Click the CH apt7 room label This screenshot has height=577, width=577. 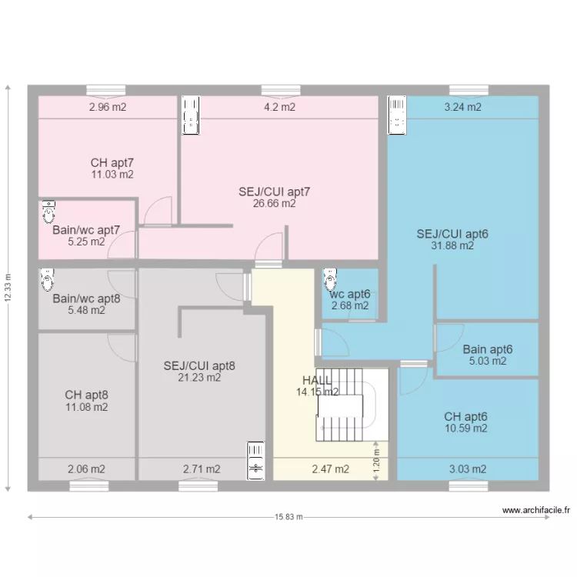tap(112, 162)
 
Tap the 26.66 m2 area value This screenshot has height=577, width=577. tap(274, 204)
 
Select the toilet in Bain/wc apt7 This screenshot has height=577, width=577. tap(48, 212)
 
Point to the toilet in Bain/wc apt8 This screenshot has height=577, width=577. tap(47, 280)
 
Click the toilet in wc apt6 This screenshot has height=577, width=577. tap(330, 280)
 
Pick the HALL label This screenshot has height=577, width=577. tap(317, 380)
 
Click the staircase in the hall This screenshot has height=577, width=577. tap(352, 405)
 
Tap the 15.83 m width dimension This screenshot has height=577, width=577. tap(288, 517)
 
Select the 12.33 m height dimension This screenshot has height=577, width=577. tap(8, 288)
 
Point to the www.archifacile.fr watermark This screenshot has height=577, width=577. tap(536, 510)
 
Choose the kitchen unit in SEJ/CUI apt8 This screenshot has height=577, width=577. tap(255, 461)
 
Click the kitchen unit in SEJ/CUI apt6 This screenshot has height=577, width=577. tap(397, 115)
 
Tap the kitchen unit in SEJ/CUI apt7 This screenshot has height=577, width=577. tap(191, 115)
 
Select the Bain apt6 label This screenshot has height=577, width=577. tap(487, 349)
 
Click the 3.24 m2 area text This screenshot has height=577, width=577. tap(462, 107)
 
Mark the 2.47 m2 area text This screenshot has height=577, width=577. tap(331, 469)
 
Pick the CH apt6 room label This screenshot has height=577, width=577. tap(465, 416)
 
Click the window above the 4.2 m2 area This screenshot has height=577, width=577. tap(281, 91)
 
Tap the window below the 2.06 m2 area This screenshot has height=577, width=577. tap(89, 486)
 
